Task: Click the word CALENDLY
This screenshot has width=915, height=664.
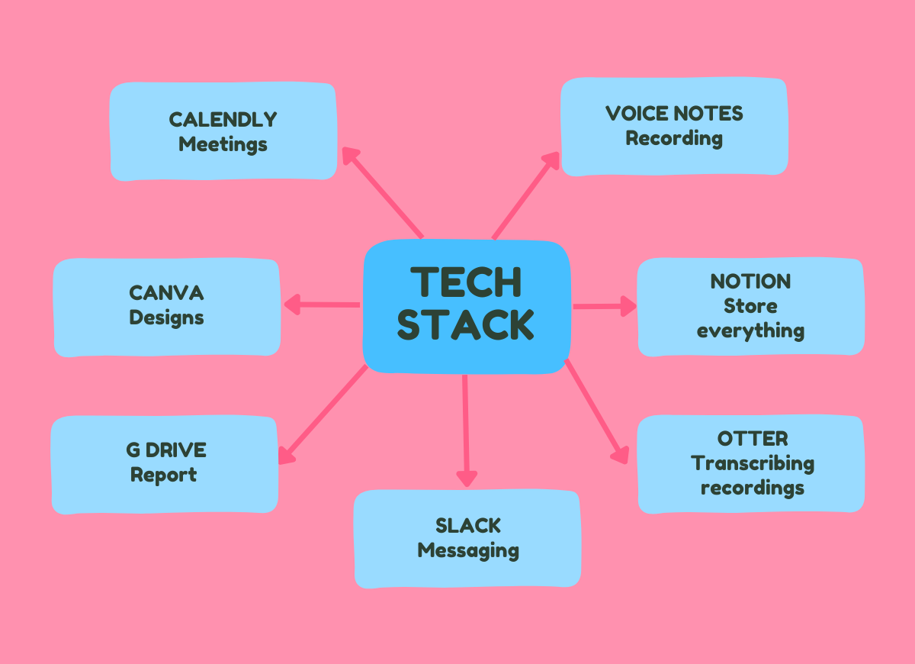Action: click(x=223, y=120)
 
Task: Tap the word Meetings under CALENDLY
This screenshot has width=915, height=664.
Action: click(x=223, y=144)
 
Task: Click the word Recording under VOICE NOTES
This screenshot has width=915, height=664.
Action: click(x=674, y=139)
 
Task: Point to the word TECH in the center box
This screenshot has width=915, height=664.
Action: click(x=465, y=282)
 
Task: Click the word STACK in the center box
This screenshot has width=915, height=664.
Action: click(x=465, y=324)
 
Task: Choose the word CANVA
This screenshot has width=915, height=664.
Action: click(x=166, y=293)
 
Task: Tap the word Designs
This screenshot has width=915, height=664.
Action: click(x=166, y=317)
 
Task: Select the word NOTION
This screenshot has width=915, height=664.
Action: click(x=750, y=282)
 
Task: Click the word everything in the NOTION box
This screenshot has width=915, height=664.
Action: click(x=750, y=331)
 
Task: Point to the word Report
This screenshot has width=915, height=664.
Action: click(x=163, y=475)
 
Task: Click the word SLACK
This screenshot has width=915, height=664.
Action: click(x=468, y=526)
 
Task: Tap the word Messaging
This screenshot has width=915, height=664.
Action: click(x=468, y=550)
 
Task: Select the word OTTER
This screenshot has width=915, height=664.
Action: click(x=753, y=439)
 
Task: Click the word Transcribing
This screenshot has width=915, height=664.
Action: click(x=753, y=463)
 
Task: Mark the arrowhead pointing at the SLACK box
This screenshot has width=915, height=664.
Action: click(x=467, y=479)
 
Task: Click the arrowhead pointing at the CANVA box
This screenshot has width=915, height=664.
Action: click(x=291, y=305)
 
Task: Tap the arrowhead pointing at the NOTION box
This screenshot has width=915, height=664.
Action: click(x=628, y=306)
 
